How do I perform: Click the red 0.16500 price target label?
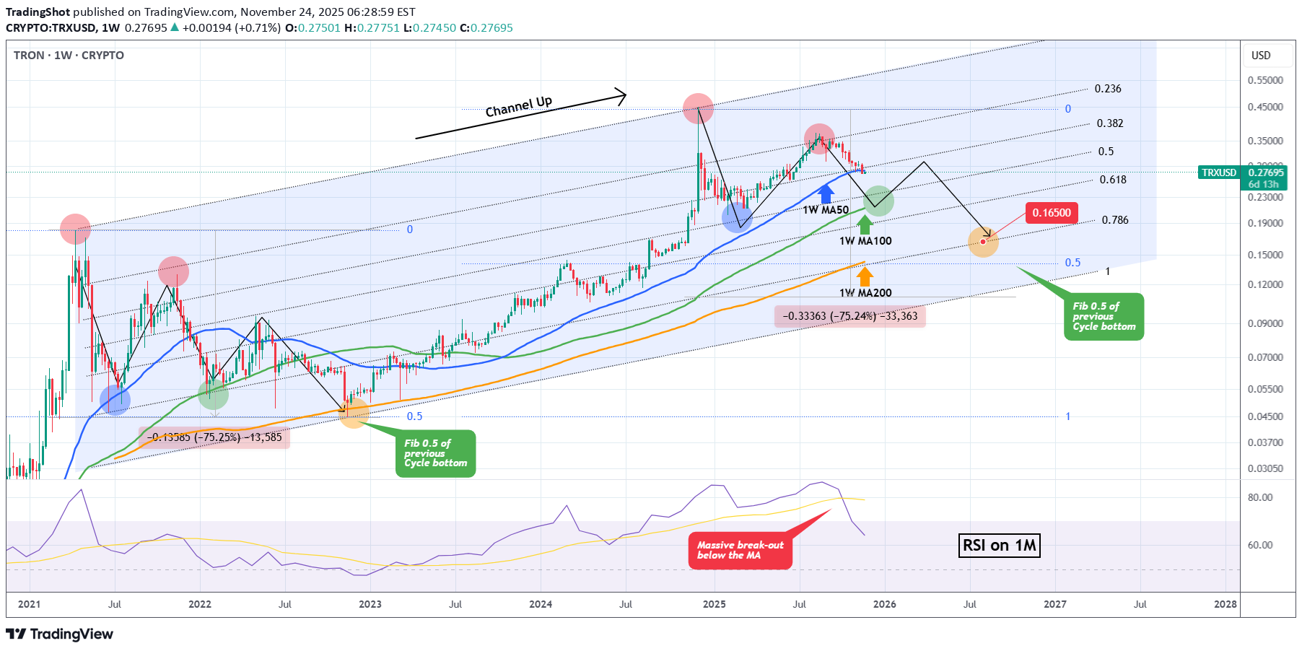[1051, 213]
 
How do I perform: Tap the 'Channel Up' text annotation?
[518, 107]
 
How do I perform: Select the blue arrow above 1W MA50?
[826, 193]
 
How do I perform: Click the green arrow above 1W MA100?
[864, 224]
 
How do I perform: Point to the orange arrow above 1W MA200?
[865, 276]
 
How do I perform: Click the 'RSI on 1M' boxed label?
[1000, 545]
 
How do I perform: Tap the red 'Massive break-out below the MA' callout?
[740, 551]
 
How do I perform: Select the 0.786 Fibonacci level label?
[1114, 220]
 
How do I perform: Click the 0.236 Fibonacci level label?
[1107, 89]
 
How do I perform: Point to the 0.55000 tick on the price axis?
[1265, 80]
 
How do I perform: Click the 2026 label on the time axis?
[884, 604]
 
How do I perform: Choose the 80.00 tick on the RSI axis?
[1259, 497]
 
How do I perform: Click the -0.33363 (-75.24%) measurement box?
[849, 316]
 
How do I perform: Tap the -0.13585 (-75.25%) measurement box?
[214, 437]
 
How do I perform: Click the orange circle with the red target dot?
[983, 242]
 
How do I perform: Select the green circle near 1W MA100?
[878, 201]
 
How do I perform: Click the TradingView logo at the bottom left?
[60, 634]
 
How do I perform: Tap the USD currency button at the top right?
[1260, 56]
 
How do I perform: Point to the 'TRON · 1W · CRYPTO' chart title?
[69, 56]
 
